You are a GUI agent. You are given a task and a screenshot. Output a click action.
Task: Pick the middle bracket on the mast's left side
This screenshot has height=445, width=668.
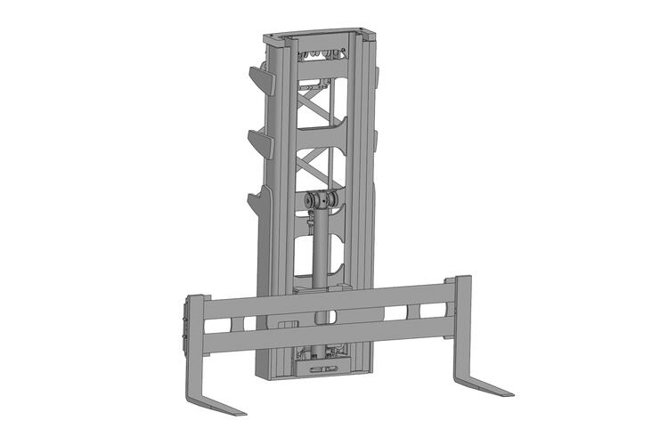coord(259,142)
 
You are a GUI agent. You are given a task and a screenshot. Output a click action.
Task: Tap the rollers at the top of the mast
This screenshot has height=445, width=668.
coord(320,57)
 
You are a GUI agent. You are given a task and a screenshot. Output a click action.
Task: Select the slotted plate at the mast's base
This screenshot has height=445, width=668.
coord(322,365)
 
